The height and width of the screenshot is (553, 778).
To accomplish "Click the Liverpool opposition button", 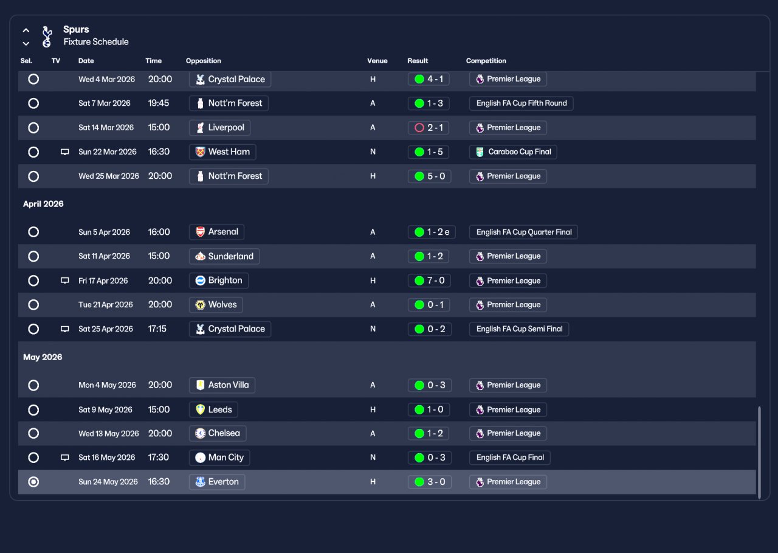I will [x=219, y=128].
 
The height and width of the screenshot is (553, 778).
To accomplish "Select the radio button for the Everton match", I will [x=33, y=482].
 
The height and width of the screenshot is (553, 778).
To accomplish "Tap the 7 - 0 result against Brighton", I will [x=429, y=280].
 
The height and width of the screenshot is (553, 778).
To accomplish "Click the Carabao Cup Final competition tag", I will [x=513, y=152].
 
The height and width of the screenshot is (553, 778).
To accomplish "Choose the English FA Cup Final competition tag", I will [x=509, y=457].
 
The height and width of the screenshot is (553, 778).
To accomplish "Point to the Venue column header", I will [x=377, y=61].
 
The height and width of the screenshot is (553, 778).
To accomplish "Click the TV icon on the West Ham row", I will [x=65, y=152].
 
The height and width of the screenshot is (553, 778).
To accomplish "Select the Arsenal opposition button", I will [x=216, y=232].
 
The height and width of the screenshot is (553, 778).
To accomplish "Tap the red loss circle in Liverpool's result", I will [x=419, y=128].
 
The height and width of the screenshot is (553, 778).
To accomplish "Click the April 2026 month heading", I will [x=43, y=204].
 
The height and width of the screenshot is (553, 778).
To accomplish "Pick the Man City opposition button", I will [x=219, y=457].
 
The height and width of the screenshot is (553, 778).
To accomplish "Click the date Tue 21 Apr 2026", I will [x=105, y=305].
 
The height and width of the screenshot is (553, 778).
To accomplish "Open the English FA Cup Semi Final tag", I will [x=519, y=329].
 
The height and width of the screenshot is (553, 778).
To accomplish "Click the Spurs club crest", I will [x=47, y=36].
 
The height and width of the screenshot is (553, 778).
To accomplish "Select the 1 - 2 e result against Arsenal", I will [x=432, y=232].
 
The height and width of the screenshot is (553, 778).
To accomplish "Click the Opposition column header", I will [x=203, y=61].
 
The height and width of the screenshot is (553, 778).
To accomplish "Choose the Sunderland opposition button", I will [x=224, y=256].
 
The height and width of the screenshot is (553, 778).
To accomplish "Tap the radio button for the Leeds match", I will [x=33, y=410].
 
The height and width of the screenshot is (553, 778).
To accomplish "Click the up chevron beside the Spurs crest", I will [x=26, y=30].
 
